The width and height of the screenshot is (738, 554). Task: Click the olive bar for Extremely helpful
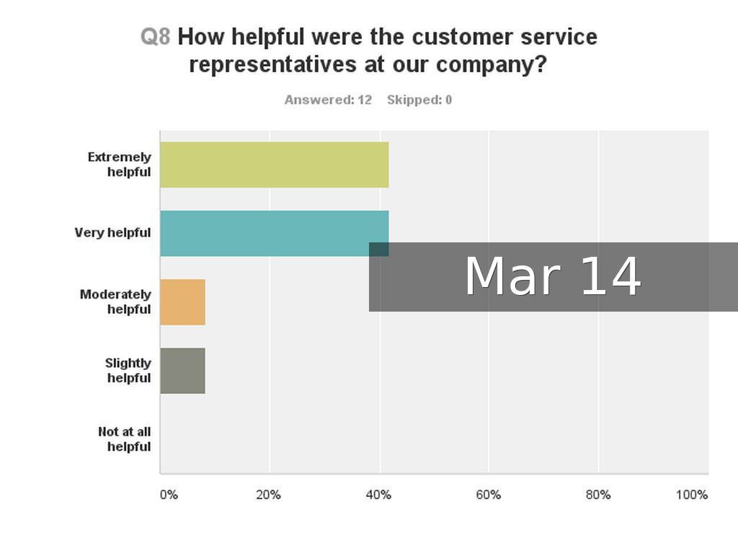point(274,164)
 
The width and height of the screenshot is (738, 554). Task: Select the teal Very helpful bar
point(264,232)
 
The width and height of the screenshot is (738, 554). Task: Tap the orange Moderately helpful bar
point(182,302)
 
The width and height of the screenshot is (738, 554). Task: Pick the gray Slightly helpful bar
point(182,371)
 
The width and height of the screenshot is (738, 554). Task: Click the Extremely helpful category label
point(120,164)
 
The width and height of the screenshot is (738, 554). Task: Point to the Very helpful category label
point(112,232)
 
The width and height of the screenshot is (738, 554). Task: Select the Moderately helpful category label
point(115,302)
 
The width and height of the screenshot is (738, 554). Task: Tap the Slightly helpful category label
point(128,370)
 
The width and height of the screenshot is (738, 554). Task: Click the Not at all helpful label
point(125,439)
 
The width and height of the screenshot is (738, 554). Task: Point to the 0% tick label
point(168,495)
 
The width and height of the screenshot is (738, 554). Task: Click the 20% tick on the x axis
point(268,495)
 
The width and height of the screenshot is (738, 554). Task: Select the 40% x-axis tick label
point(378,495)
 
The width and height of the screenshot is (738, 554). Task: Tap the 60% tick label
point(489,495)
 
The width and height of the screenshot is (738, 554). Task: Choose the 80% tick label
point(598,495)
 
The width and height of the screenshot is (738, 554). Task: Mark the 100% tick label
point(692,495)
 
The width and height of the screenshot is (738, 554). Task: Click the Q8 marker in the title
point(155,37)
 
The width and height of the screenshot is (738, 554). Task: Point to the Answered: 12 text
point(328,100)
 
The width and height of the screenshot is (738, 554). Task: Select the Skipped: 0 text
point(419,100)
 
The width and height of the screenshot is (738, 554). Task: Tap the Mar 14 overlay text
point(553,276)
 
